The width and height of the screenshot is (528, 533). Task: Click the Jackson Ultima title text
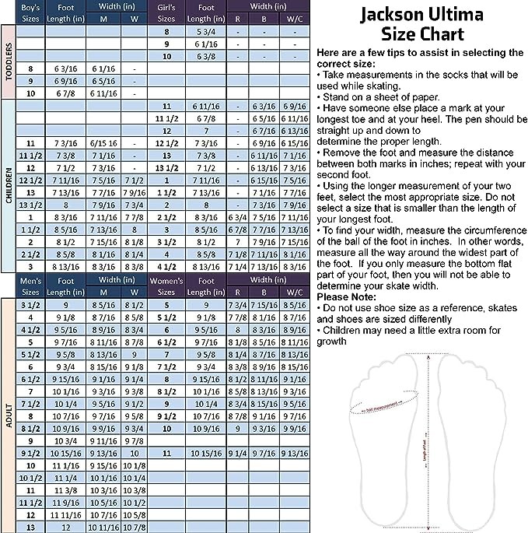[x=421, y=15]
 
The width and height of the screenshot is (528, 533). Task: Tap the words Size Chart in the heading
[x=421, y=34]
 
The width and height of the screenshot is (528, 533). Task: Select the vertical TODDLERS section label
[x=9, y=68]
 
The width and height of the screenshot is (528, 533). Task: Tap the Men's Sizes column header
[x=30, y=285]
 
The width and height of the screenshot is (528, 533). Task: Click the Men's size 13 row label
[x=30, y=527]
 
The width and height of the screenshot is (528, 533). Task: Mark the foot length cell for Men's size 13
[x=66, y=527]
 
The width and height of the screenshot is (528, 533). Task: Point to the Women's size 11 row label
[x=166, y=452]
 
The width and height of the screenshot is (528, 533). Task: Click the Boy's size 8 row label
[x=30, y=68]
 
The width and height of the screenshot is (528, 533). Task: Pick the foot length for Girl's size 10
[x=207, y=56]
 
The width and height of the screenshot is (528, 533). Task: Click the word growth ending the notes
[x=334, y=340]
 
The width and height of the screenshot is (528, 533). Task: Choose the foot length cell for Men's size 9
[x=66, y=440]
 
